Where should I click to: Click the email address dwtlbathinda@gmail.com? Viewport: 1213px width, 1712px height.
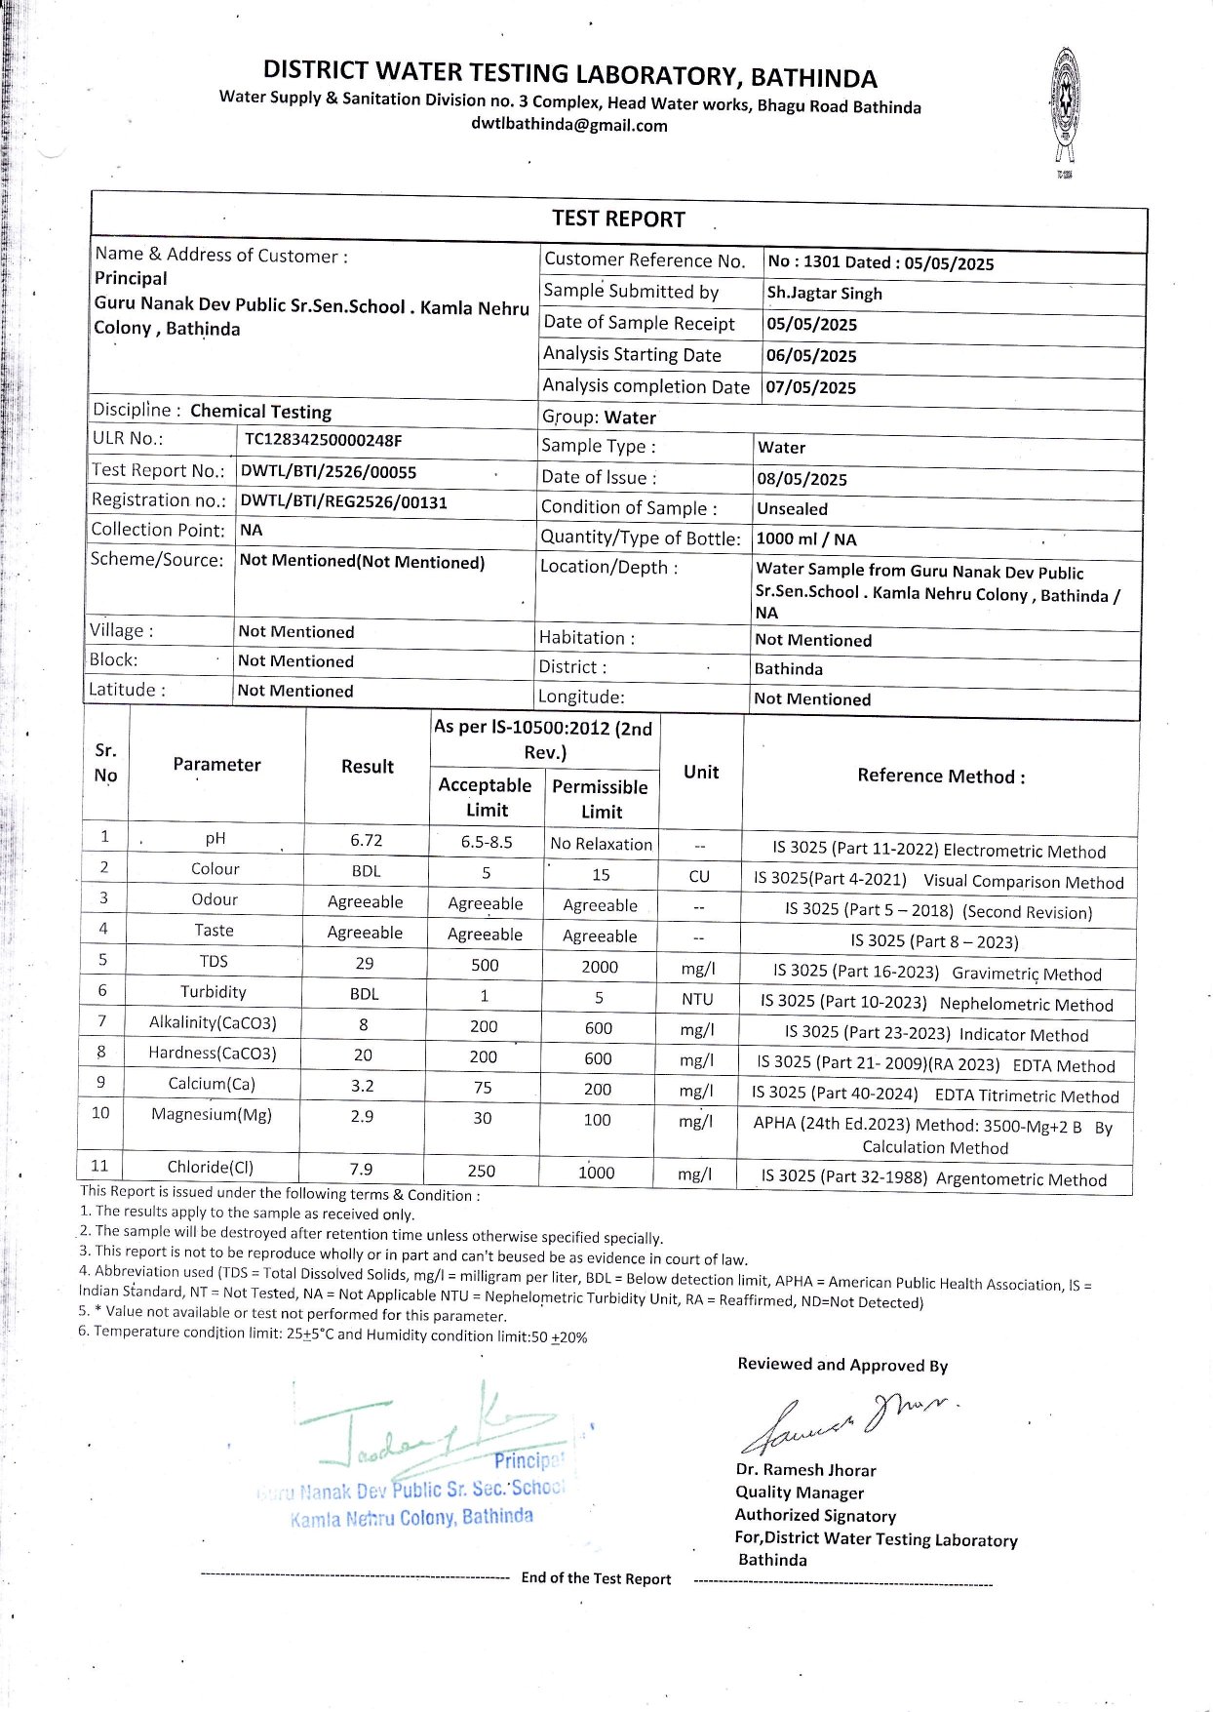(569, 125)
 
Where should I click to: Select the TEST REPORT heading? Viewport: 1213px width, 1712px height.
(618, 219)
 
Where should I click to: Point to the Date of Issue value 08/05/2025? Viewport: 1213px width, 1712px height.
(802, 479)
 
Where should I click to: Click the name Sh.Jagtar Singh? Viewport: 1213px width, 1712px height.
(824, 294)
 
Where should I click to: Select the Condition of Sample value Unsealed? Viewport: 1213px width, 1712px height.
(792, 509)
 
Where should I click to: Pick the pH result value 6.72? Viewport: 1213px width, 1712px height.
(367, 840)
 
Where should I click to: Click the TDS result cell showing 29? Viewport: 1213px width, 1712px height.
(365, 963)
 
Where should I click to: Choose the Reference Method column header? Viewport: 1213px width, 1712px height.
(941, 776)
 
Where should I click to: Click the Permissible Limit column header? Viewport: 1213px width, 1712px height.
(600, 799)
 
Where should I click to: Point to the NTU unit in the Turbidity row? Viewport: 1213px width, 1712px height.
(697, 999)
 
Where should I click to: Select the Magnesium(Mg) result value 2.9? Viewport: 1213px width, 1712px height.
(362, 1116)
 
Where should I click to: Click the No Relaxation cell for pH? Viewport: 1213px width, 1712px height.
(601, 844)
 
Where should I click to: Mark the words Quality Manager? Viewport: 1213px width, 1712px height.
(800, 1493)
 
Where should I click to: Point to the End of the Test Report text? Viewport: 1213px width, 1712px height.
(596, 1578)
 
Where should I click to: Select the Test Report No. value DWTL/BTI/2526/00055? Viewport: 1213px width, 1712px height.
(329, 472)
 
